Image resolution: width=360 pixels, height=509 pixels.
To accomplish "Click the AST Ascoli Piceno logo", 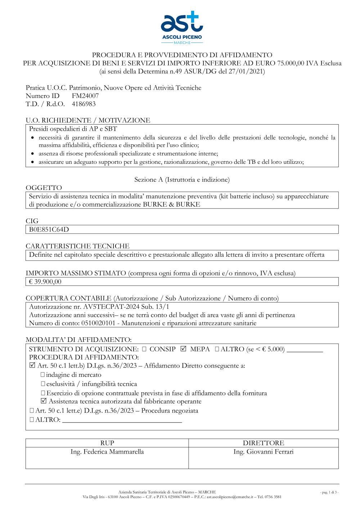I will click(182, 27).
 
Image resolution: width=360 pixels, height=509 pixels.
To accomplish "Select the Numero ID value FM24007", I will click(85, 96).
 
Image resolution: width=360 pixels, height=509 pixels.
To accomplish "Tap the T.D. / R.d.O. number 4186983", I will click(84, 104).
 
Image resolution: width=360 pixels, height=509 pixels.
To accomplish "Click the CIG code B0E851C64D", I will click(49, 230).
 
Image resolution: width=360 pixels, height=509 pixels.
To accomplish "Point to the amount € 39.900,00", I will click(45, 282).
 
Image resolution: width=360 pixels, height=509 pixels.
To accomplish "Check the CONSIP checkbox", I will click(144, 349).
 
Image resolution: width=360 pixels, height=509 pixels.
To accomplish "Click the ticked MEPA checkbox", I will click(183, 349).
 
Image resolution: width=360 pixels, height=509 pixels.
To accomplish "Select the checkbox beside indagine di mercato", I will click(43, 375).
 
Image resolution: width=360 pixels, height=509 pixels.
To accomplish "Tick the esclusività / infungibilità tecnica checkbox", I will click(43, 384).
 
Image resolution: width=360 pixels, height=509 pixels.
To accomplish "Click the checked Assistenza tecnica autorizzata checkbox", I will click(44, 401).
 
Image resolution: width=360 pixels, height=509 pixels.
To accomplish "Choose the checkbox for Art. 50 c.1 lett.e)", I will click(32, 411).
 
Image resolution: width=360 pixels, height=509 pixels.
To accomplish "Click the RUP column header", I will click(107, 443).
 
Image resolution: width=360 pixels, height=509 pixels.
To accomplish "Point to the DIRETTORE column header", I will click(263, 443).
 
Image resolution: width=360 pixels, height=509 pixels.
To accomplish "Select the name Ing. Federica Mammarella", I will click(107, 452).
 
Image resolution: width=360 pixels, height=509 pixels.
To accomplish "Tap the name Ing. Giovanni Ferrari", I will click(263, 452).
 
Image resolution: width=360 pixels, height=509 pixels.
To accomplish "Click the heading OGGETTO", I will click(44, 188).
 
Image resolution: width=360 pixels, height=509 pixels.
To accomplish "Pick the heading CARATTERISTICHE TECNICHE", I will click(77, 246).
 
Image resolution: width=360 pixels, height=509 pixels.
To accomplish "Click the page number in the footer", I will click(329, 492).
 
